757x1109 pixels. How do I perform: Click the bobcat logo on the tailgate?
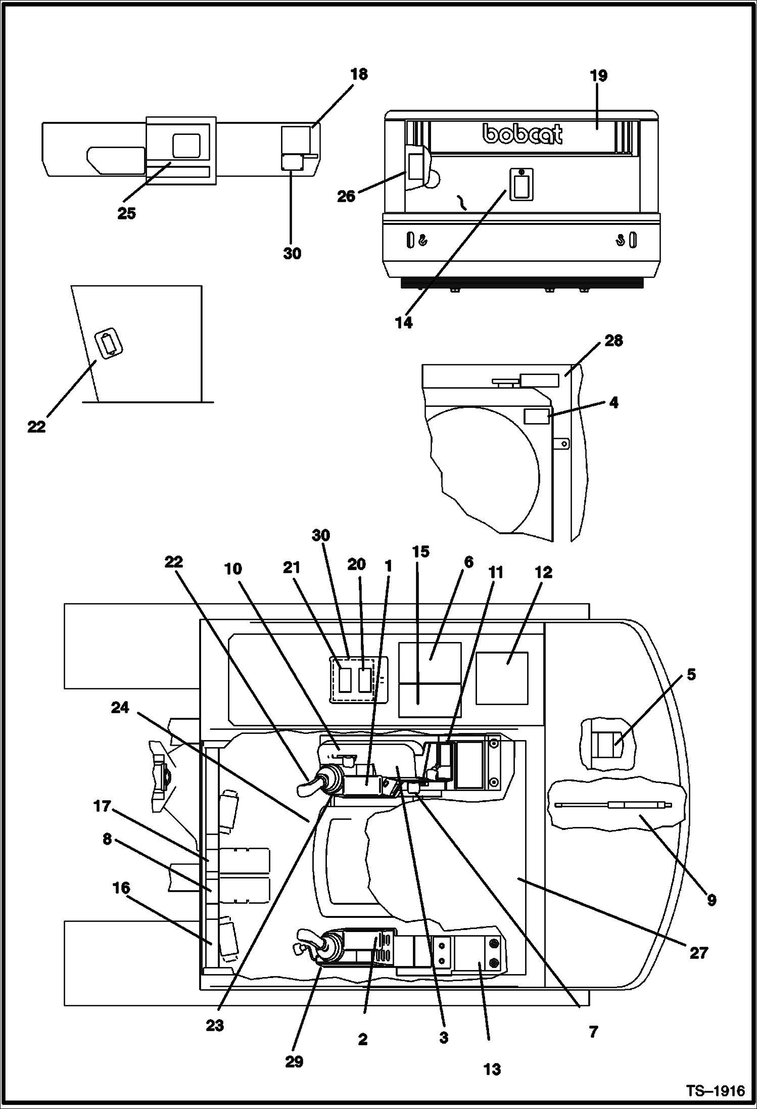(x=523, y=134)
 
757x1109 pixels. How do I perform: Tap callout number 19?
(x=598, y=76)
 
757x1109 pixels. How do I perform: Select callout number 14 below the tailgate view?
(x=404, y=322)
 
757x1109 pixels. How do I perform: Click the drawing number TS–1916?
(x=715, y=1091)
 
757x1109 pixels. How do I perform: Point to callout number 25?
(x=126, y=213)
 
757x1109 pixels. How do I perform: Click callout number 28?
(x=613, y=341)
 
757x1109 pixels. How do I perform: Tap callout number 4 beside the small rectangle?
(x=613, y=402)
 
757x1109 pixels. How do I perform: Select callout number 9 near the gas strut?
(x=711, y=900)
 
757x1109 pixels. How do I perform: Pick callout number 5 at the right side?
(x=691, y=674)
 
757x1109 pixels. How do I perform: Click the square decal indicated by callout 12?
(x=502, y=678)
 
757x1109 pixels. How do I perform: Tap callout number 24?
(x=120, y=708)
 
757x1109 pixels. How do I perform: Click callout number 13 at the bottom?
(x=492, y=1069)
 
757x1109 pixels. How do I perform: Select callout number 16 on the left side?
(x=121, y=888)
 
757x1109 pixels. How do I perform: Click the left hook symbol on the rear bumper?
(x=423, y=241)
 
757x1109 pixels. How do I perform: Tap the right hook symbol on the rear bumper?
(x=620, y=241)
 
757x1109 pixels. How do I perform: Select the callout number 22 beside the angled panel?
(x=36, y=427)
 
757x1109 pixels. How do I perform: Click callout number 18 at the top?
(x=359, y=74)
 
